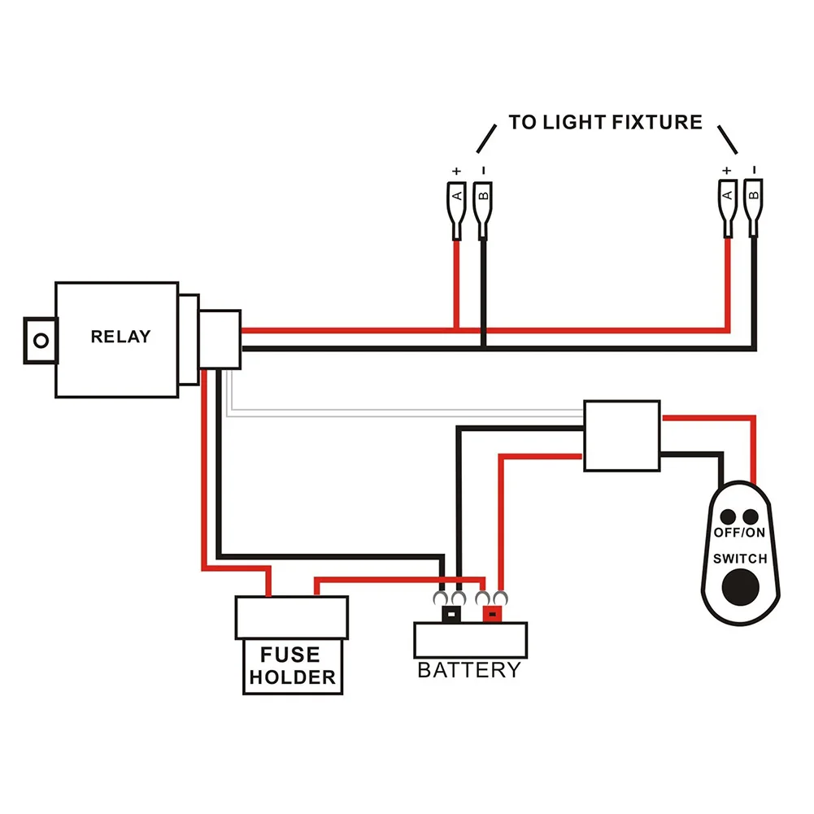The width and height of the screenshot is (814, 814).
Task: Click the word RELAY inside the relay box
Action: (x=120, y=336)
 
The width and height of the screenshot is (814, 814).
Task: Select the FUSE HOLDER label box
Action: (x=291, y=667)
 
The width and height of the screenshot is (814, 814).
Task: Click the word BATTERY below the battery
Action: (x=468, y=671)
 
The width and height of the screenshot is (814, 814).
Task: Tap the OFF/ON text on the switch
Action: (x=739, y=533)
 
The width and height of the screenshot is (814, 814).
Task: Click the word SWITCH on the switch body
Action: (x=739, y=559)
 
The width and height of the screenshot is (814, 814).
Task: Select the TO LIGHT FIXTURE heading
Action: (x=605, y=123)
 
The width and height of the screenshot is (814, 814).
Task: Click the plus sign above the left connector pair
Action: (x=456, y=171)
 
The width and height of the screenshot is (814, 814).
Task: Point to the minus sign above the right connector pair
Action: (x=754, y=170)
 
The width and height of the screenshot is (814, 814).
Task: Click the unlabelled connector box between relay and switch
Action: (x=622, y=435)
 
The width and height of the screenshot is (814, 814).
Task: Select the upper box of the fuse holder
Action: (x=291, y=617)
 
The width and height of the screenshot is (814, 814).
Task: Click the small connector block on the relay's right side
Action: (x=220, y=338)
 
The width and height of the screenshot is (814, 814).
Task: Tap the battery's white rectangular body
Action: (x=470, y=640)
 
